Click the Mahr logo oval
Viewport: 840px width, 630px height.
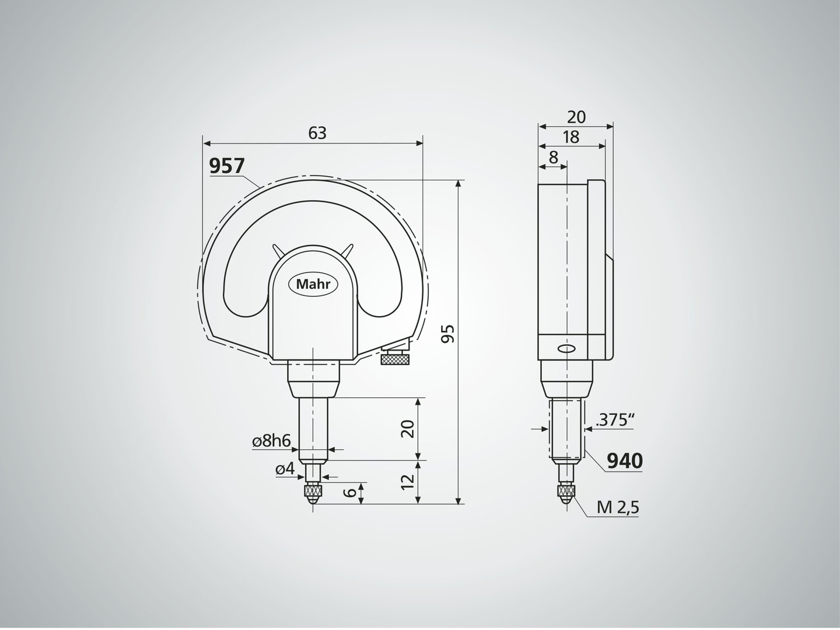click(312, 285)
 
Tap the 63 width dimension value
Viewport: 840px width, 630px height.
click(317, 133)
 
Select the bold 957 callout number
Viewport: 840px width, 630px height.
click(226, 166)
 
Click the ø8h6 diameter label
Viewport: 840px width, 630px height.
click(272, 442)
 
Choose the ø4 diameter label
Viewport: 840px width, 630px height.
click(285, 469)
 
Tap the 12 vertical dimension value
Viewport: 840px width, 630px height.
click(409, 482)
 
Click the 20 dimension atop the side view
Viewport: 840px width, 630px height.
click(576, 117)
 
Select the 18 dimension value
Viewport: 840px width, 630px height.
click(572, 137)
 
